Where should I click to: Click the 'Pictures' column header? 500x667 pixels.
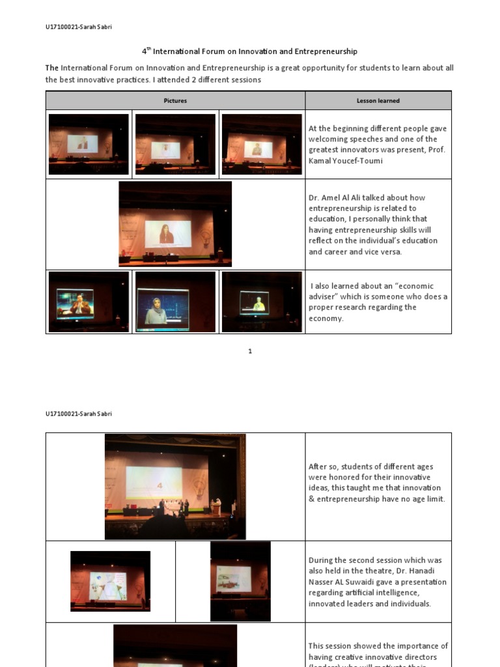tap(174, 101)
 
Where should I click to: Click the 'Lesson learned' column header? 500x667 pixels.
tap(378, 101)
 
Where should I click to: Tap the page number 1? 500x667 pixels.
tap(249, 352)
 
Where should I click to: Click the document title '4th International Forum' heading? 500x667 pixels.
tap(249, 51)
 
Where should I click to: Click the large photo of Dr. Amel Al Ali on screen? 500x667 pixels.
tap(175, 224)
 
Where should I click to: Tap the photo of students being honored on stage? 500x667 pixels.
tap(175, 487)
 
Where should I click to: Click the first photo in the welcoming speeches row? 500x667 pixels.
tap(89, 144)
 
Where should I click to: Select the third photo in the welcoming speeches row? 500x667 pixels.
tap(262, 144)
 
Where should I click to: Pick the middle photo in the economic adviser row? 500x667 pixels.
tap(175, 302)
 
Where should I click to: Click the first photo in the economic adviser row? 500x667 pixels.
tap(89, 302)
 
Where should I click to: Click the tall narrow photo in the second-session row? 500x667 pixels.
tap(240, 581)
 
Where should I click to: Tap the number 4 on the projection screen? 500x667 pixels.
tap(159, 485)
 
